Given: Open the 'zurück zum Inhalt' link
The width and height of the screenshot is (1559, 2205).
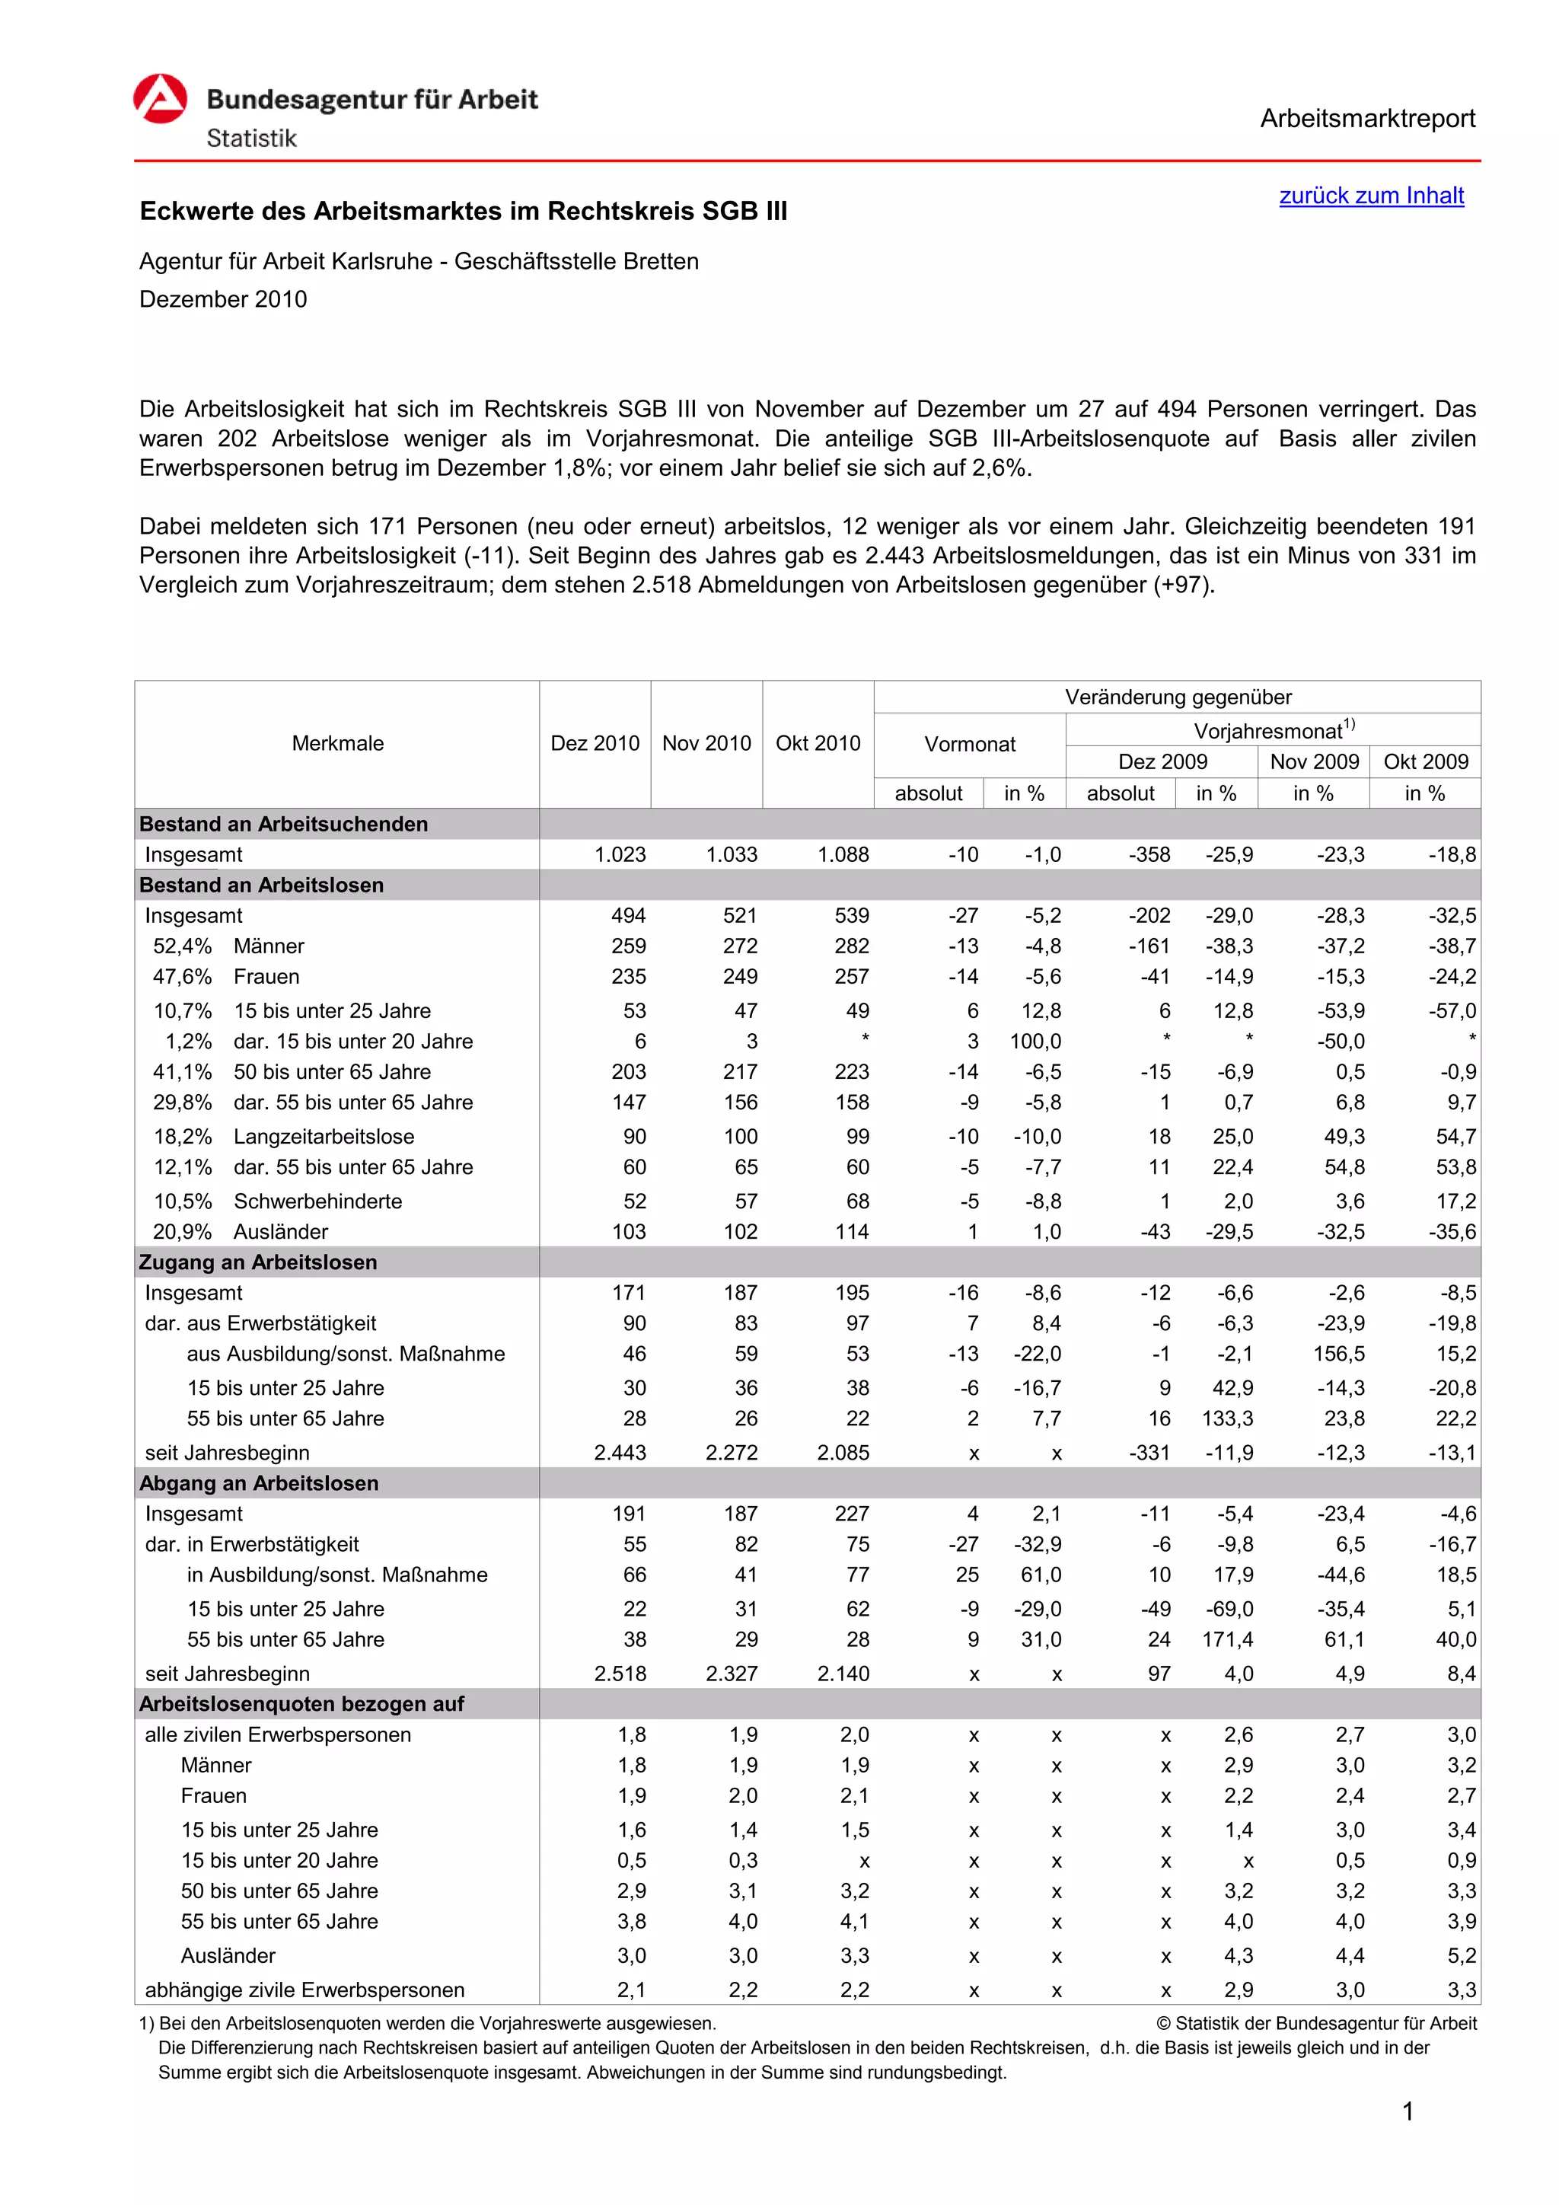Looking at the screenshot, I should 1371,195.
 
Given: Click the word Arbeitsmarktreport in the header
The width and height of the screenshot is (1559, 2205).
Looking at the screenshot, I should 1367,118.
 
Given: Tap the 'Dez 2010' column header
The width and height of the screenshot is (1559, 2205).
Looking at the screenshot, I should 595,743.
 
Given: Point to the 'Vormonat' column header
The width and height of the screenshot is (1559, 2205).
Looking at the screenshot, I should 970,745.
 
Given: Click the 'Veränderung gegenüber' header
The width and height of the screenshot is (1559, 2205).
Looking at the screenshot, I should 1177,697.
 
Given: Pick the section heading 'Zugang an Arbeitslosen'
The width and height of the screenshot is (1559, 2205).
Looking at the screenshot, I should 258,1262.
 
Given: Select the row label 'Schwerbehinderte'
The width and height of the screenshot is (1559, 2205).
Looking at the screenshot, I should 317,1201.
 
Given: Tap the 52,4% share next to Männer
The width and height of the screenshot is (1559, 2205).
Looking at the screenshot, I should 183,946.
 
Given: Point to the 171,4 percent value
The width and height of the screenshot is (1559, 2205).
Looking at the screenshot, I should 1227,1639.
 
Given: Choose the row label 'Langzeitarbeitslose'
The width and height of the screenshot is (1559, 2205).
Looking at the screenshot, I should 324,1136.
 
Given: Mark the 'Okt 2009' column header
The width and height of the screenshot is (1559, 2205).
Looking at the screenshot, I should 1426,761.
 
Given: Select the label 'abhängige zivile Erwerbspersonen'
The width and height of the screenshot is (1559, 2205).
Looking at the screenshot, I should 304,1990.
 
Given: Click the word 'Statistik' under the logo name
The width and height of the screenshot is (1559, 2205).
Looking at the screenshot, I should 251,139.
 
